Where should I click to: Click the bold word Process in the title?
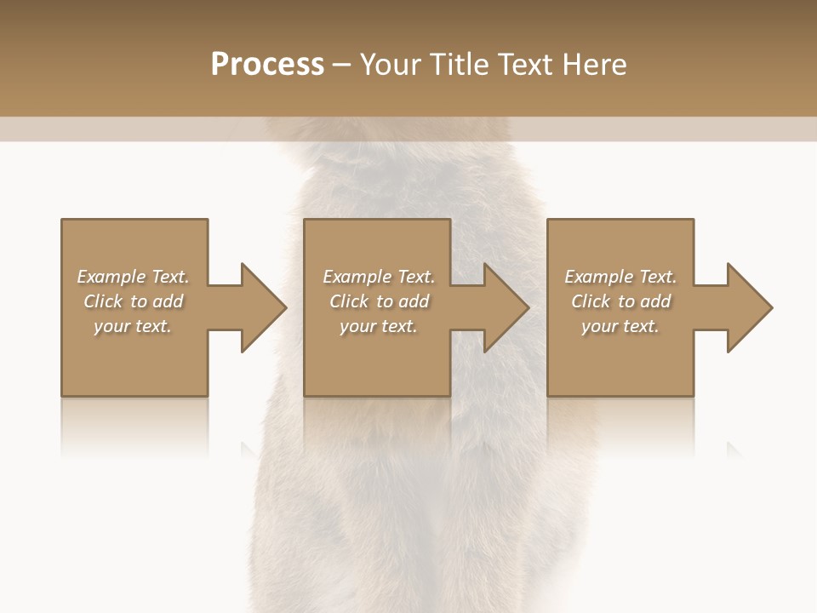(x=267, y=65)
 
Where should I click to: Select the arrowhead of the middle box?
(x=504, y=307)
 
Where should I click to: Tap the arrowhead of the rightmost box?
(x=746, y=307)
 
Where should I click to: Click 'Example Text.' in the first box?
(x=134, y=277)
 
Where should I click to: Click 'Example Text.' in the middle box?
(x=379, y=277)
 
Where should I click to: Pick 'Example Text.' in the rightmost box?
(x=620, y=277)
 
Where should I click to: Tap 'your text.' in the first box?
(x=134, y=326)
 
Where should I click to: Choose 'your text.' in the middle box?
(x=379, y=326)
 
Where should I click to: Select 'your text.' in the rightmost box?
(x=620, y=326)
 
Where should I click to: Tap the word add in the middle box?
(x=414, y=301)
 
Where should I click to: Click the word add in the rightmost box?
(x=655, y=301)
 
